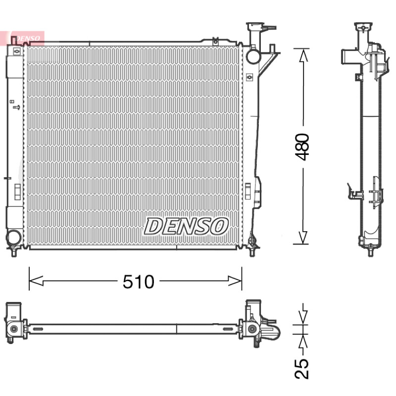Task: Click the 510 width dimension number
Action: [x=138, y=282]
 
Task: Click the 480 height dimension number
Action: [x=302, y=147]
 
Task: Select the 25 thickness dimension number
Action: [x=302, y=368]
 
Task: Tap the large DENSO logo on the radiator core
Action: [x=186, y=226]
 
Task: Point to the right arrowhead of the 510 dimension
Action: [x=235, y=281]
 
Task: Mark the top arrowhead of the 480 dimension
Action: [x=303, y=55]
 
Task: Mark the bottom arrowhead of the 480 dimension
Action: [x=303, y=238]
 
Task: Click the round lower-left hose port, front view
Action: [x=14, y=238]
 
